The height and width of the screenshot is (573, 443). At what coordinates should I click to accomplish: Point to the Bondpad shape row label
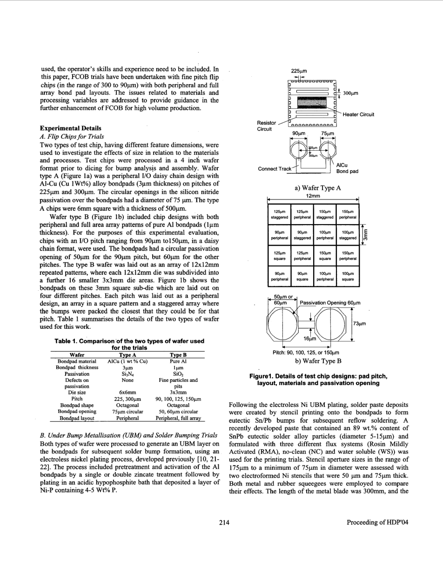(77, 405)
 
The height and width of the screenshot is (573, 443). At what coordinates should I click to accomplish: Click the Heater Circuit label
(358, 114)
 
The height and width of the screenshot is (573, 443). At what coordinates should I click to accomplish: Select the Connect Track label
(274, 169)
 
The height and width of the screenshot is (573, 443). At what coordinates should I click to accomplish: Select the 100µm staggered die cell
(348, 235)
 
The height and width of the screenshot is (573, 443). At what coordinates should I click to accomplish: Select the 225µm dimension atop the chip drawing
(298, 71)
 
